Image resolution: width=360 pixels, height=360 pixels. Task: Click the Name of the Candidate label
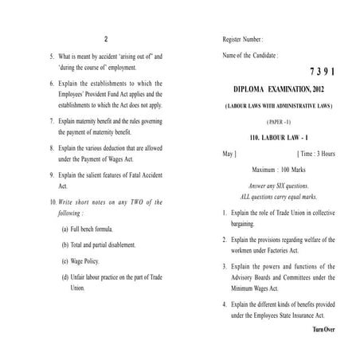coord(249,56)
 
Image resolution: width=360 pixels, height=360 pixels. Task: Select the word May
coord(229,152)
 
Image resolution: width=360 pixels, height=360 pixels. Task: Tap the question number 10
coord(53,202)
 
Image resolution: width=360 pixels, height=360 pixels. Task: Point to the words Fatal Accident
coord(141,174)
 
